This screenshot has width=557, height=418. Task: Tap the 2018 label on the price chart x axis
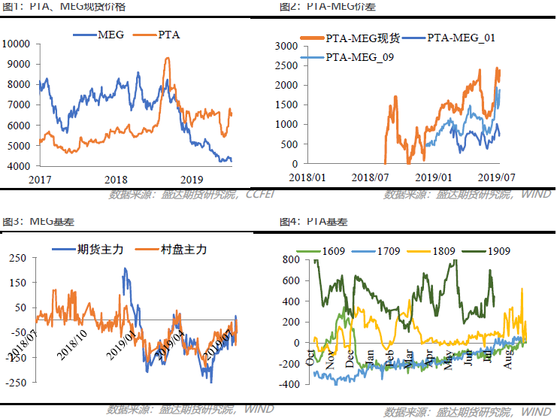point(116,178)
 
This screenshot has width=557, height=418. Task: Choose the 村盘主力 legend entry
point(184,250)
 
